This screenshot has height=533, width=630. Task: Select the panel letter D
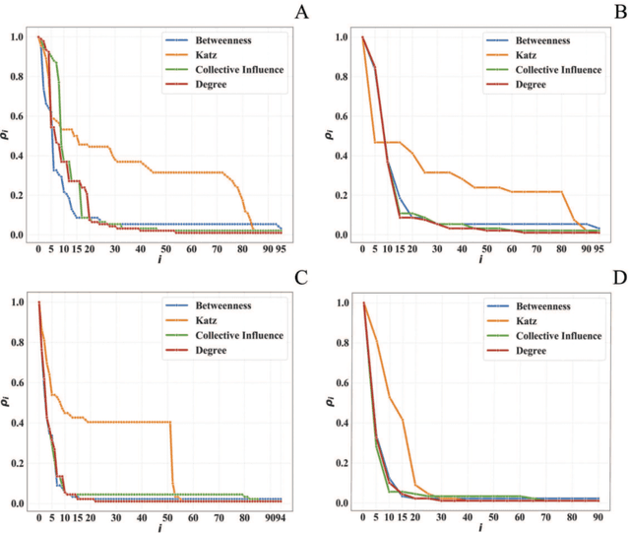click(x=618, y=277)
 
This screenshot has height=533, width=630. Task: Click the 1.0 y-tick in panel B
click(x=342, y=37)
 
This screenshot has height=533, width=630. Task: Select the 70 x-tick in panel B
click(x=538, y=249)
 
